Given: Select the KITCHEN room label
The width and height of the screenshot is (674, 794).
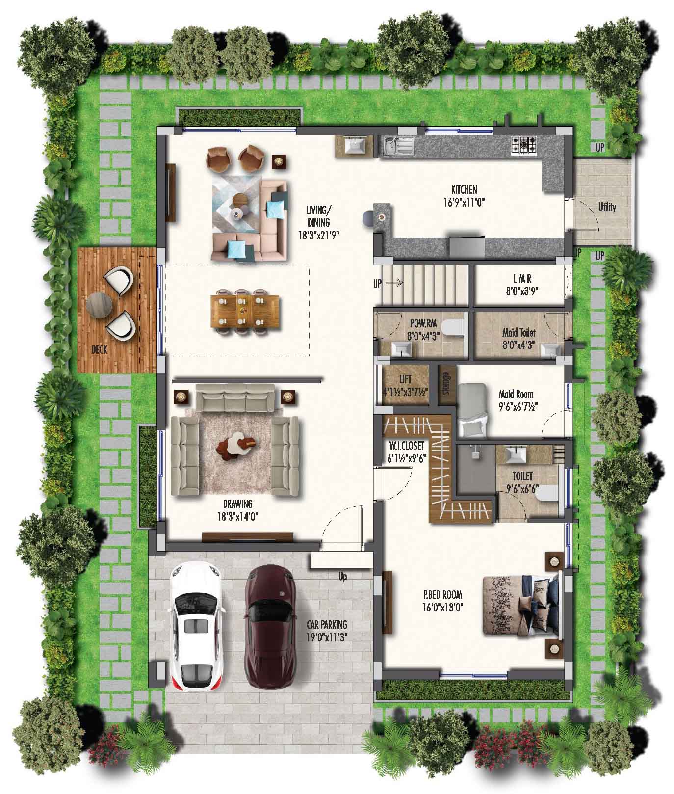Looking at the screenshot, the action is tap(464, 189).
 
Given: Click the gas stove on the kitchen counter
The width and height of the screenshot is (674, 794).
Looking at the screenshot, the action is tap(524, 145).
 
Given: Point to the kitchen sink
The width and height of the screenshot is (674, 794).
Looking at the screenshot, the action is tap(399, 145).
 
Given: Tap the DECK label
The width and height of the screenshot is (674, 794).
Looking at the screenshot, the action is tap(100, 350).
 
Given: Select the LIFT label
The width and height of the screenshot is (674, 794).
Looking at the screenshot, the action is tap(405, 379).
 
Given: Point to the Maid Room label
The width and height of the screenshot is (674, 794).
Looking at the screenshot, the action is tap(516, 394).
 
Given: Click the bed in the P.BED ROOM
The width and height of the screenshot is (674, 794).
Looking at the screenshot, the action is tap(520, 605).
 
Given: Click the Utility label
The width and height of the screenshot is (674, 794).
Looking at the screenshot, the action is tap(607, 207).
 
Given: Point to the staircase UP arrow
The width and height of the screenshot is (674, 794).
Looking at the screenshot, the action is tap(395, 283).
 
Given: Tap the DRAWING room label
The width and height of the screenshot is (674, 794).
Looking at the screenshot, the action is tap(237, 504).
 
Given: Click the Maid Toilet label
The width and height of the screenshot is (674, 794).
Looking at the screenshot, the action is tap(518, 332).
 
